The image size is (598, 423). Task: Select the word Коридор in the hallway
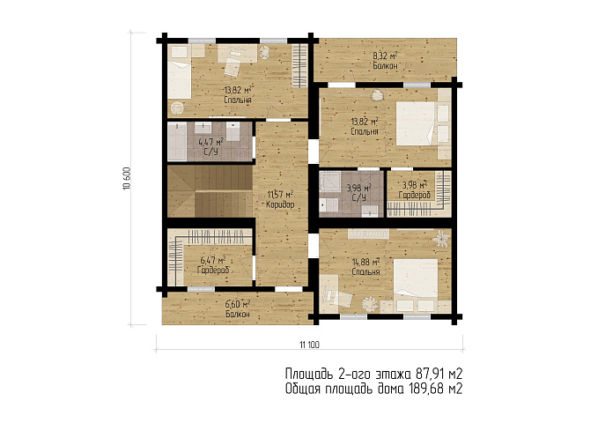[280, 204]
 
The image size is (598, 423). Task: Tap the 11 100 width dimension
[309, 345]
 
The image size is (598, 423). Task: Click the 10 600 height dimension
[127, 178]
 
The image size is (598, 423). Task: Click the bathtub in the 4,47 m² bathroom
[177, 141]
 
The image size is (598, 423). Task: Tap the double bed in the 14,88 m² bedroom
[416, 278]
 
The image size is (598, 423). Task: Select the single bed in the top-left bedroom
[180, 78]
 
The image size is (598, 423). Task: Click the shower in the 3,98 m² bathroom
[329, 182]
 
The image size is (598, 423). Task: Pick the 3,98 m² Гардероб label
[415, 190]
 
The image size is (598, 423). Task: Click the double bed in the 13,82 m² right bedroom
[416, 123]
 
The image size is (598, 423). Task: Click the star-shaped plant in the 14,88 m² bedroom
[441, 238]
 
